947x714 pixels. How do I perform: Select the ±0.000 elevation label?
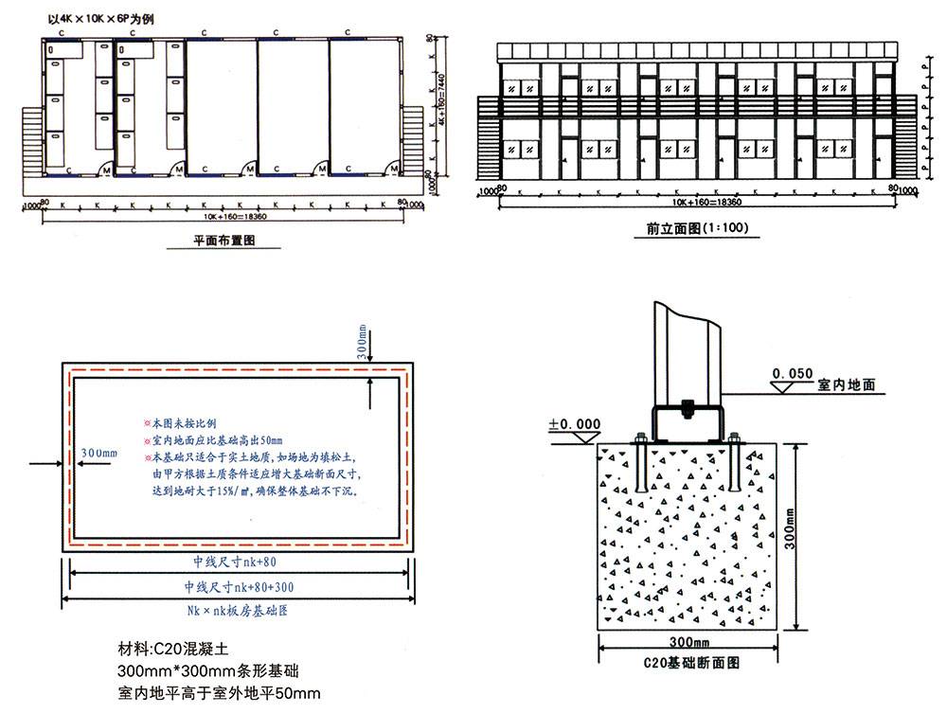[575, 424]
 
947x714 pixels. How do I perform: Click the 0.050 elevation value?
[793, 374]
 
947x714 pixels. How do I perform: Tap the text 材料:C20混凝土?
[172, 650]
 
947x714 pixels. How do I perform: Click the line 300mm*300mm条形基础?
[208, 671]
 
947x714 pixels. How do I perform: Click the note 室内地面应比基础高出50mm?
[217, 440]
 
